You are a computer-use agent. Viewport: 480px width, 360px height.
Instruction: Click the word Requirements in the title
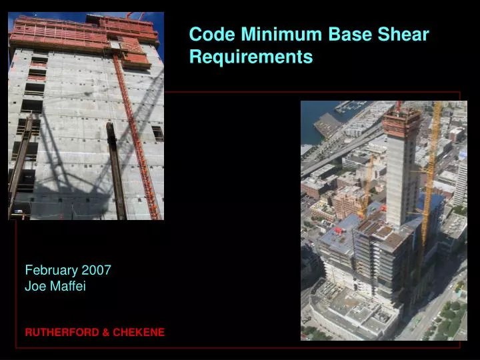coord(251,57)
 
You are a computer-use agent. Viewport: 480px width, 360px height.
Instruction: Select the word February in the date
coord(51,270)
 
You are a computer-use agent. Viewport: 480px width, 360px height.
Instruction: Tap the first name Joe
coord(34,287)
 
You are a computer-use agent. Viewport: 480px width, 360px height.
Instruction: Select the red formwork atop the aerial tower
coord(402,120)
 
